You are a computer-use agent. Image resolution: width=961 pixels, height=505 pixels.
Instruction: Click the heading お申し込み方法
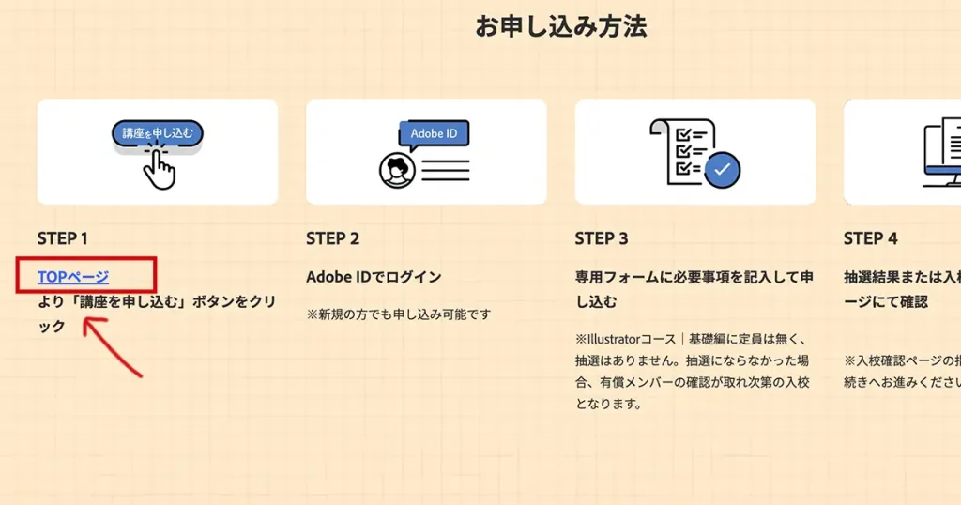click(560, 26)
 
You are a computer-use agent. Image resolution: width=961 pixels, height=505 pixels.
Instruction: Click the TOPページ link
click(73, 277)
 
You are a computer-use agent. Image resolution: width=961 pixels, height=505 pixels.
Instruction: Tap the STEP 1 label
click(63, 238)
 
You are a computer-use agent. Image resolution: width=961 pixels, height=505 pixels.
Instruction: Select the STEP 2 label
click(332, 238)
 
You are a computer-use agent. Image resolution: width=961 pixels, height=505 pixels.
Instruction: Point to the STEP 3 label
click(602, 238)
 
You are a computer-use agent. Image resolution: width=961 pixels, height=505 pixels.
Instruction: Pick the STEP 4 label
click(870, 238)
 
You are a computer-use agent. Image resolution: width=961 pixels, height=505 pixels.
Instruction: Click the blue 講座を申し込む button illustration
click(157, 134)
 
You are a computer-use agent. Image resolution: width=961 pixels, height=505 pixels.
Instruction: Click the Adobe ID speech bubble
click(434, 134)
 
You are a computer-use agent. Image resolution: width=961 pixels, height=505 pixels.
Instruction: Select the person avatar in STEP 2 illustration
click(397, 170)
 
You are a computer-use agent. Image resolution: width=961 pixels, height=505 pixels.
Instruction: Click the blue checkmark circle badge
click(722, 170)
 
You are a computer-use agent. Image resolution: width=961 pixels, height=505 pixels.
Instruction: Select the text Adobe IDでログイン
click(374, 277)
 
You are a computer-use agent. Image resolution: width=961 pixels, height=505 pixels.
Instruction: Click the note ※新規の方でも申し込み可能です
click(398, 314)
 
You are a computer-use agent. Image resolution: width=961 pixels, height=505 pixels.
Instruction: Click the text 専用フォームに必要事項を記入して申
click(694, 277)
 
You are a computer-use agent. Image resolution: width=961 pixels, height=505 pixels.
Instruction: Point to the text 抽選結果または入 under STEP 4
click(901, 277)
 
